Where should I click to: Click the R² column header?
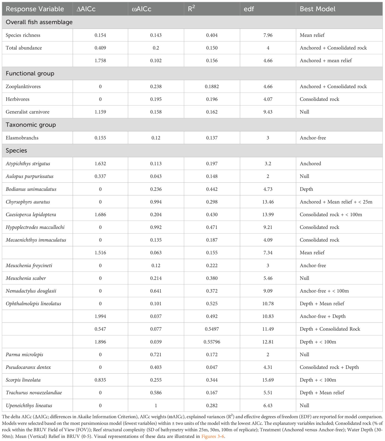(x=191, y=9)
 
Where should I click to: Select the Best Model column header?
(x=317, y=9)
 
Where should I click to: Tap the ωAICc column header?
(x=141, y=9)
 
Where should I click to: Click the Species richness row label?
(x=23, y=35)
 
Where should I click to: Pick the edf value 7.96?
(x=268, y=35)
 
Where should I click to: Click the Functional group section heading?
(x=30, y=73)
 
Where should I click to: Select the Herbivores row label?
(x=17, y=99)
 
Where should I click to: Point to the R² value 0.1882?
(x=212, y=86)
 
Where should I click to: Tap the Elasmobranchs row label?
(x=22, y=138)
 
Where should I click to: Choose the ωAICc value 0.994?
(x=156, y=202)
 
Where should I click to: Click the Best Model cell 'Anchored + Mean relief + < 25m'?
(x=336, y=202)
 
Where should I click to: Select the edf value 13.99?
(x=268, y=215)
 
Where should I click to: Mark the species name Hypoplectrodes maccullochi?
(x=35, y=227)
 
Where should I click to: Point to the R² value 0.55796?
(x=212, y=342)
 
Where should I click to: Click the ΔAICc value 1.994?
(x=100, y=316)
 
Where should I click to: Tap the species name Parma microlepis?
(x=24, y=355)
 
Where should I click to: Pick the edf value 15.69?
(x=268, y=380)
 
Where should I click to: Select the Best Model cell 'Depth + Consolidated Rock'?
(x=330, y=329)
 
